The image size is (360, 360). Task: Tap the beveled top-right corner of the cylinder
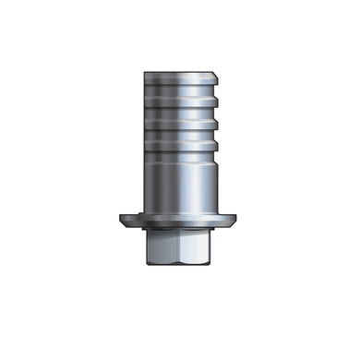click(211, 73)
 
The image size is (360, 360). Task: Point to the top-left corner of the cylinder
click(147, 71)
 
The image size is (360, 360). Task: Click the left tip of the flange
click(121, 220)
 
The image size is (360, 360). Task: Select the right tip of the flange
click(238, 220)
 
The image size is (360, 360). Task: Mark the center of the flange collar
click(179, 221)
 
